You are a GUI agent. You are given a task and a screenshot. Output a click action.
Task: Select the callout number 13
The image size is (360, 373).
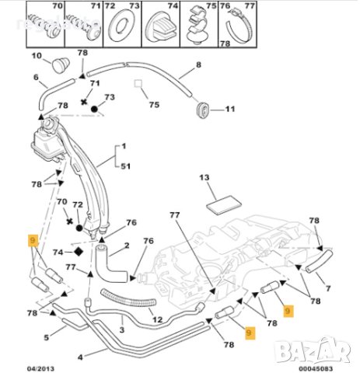(x=205, y=178)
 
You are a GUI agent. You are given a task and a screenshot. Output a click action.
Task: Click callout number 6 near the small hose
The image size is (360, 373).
(x=36, y=77)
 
